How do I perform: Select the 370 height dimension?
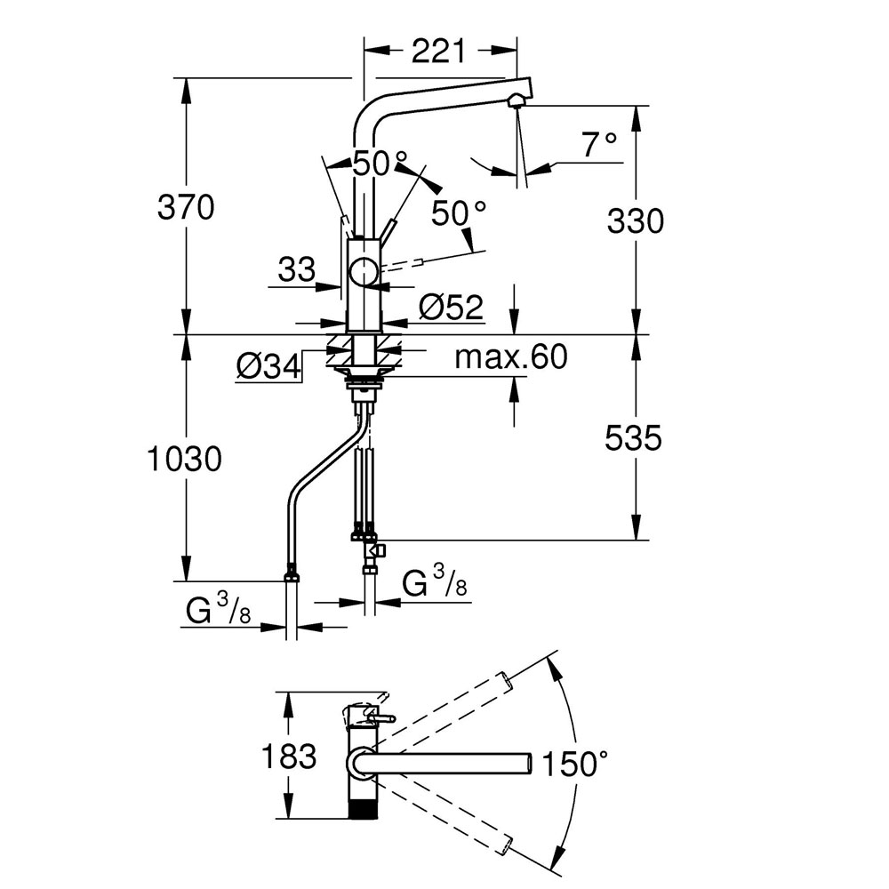[x=186, y=208]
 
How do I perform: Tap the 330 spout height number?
[x=636, y=220]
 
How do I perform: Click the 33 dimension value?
[x=296, y=268]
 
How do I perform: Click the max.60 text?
[x=510, y=357]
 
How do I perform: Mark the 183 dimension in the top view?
[x=288, y=757]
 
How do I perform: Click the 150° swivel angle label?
[x=576, y=763]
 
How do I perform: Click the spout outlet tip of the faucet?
[x=516, y=101]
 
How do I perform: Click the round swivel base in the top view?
[x=359, y=763]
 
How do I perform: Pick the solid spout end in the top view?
[x=525, y=763]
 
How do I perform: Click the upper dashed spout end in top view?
[x=505, y=680]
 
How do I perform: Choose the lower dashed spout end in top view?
[x=505, y=845]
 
